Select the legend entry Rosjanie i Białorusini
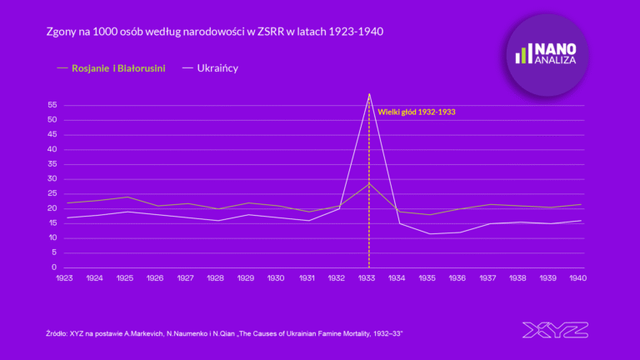click(x=117, y=67)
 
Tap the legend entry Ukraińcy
click(x=217, y=67)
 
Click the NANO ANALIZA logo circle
click(x=547, y=55)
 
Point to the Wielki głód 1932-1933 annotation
click(x=417, y=112)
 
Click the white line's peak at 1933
click(x=369, y=94)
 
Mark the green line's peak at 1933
click(x=369, y=182)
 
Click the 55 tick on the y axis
click(x=52, y=105)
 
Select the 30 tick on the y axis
click(x=52, y=178)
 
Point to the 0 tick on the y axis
click(x=53, y=267)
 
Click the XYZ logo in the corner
click(x=555, y=330)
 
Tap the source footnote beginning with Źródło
click(x=224, y=332)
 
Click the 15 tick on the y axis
click(x=52, y=222)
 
